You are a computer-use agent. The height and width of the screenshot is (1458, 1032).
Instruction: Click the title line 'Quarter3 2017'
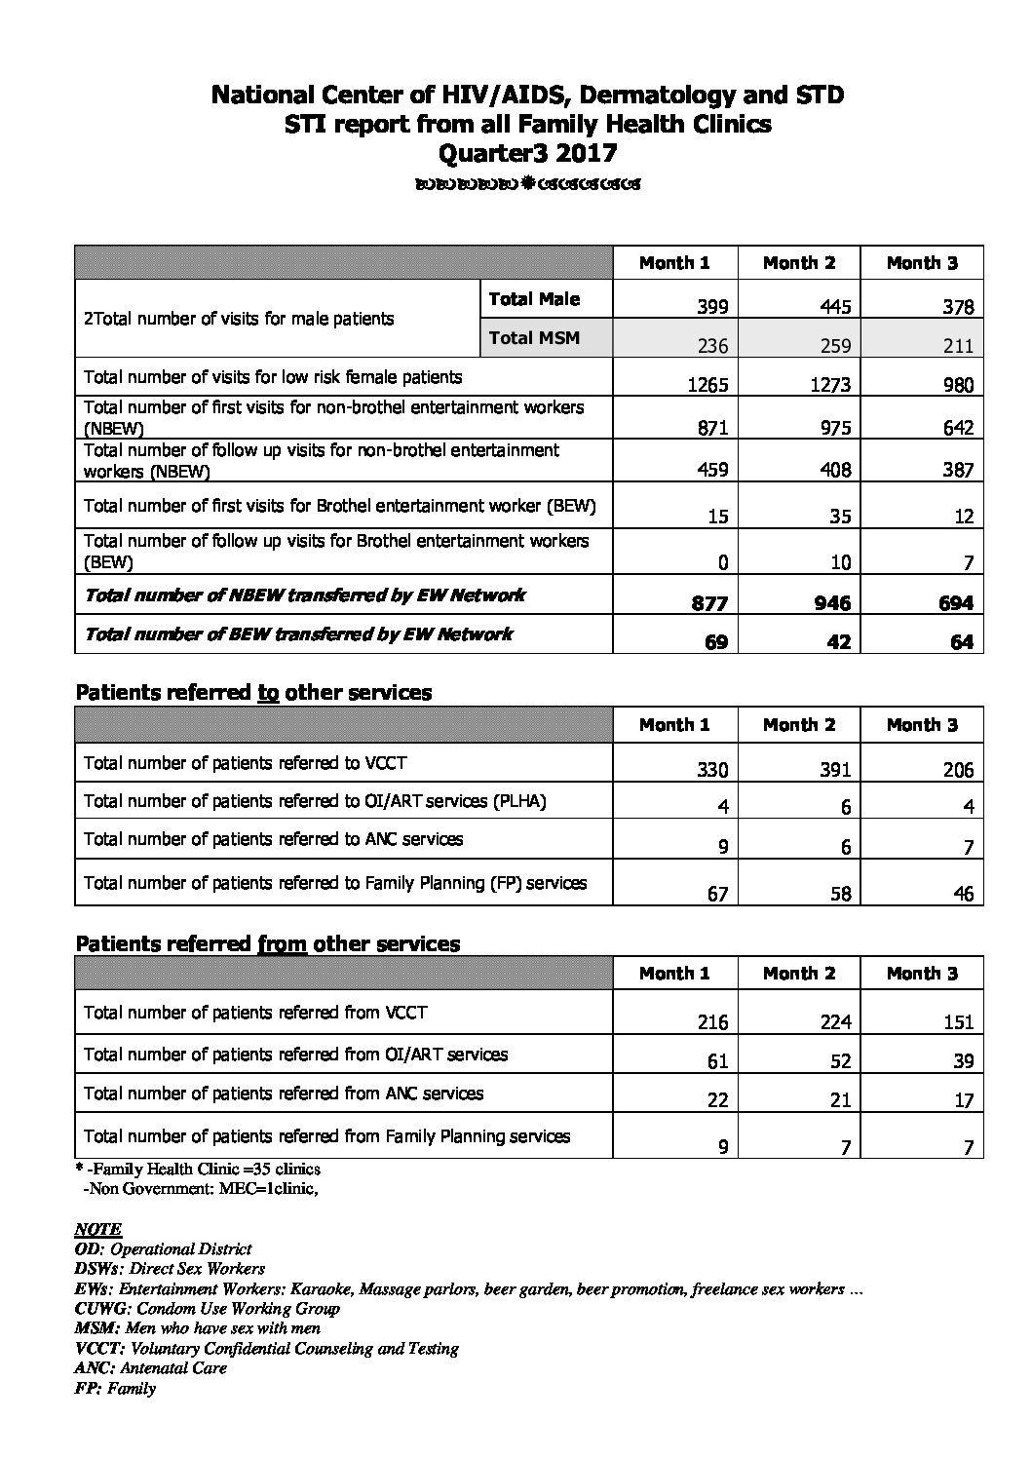pos(527,153)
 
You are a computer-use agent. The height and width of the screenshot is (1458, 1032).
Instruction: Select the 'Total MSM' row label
pos(534,338)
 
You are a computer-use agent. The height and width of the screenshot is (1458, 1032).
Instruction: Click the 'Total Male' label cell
pos(534,299)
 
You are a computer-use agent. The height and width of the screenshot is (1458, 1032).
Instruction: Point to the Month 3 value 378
pos(958,308)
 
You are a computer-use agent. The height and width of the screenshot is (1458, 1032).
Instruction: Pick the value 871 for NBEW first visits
pos(709,428)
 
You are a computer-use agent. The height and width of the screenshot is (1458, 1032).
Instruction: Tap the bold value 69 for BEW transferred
pos(715,643)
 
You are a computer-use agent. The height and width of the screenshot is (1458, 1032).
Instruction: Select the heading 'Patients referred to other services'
pos(253,693)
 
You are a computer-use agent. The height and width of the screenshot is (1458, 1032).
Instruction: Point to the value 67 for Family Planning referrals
pos(717,894)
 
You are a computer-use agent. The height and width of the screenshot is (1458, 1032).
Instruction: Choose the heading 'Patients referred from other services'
pos(268,943)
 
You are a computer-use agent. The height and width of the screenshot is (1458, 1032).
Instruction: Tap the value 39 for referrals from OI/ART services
pos(963,1061)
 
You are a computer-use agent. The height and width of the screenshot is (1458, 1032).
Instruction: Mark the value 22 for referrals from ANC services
pos(717,1100)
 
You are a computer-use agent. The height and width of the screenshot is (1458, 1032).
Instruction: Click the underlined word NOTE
pos(98,1230)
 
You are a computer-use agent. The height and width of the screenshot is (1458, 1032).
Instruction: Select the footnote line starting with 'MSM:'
pos(198,1327)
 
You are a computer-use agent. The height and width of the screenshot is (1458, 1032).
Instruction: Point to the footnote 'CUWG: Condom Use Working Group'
pos(207,1308)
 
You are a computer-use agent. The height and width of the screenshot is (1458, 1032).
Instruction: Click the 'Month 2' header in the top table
pos(799,263)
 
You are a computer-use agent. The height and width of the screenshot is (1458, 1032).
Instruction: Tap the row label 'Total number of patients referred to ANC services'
pos(274,839)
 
